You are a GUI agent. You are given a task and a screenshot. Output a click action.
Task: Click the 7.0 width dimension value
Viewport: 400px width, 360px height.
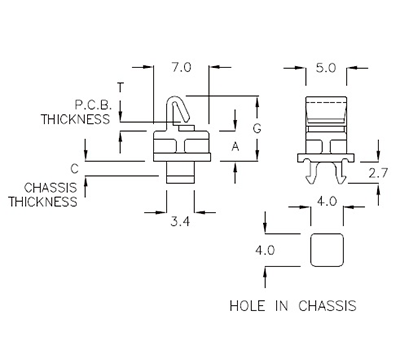[x=181, y=67]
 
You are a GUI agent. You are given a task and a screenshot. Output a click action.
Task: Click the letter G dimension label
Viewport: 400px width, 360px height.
[x=256, y=130]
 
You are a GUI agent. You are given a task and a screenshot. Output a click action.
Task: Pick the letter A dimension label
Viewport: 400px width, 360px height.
[x=236, y=146]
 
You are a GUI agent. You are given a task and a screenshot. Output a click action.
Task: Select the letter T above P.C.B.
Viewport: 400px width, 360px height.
[x=121, y=87]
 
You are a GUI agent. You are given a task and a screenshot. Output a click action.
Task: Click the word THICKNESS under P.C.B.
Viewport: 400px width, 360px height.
[x=73, y=118]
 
